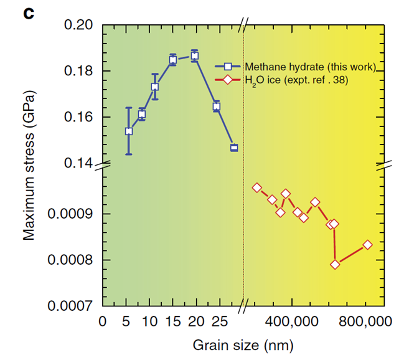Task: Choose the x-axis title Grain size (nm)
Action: click(242, 344)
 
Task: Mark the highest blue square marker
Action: click(195, 55)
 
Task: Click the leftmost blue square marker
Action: click(128, 131)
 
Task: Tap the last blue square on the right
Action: click(234, 148)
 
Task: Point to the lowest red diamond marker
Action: click(335, 264)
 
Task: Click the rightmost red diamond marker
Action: click(368, 245)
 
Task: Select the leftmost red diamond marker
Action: click(256, 187)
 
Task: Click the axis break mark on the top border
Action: click(244, 25)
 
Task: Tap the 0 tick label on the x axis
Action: click(102, 322)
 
